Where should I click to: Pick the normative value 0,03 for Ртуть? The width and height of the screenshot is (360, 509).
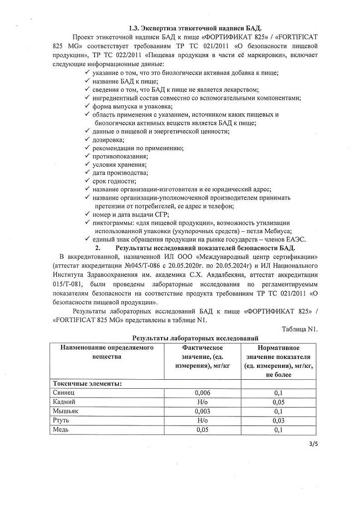(x=278, y=420)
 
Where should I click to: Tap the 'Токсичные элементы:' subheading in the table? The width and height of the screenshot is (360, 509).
(x=87, y=383)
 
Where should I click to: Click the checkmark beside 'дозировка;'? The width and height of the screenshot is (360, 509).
(x=87, y=140)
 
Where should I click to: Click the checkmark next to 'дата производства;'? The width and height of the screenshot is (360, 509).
(x=87, y=172)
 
